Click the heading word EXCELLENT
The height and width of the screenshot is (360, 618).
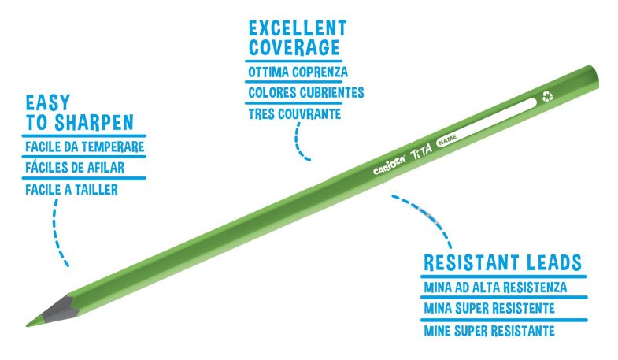coord(298,29)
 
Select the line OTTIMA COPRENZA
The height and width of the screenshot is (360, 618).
coord(298,72)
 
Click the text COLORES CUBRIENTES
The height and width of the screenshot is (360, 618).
coord(305,93)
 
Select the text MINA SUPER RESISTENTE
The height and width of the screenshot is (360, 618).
coord(490,308)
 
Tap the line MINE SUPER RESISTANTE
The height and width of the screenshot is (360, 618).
coord(489,330)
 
